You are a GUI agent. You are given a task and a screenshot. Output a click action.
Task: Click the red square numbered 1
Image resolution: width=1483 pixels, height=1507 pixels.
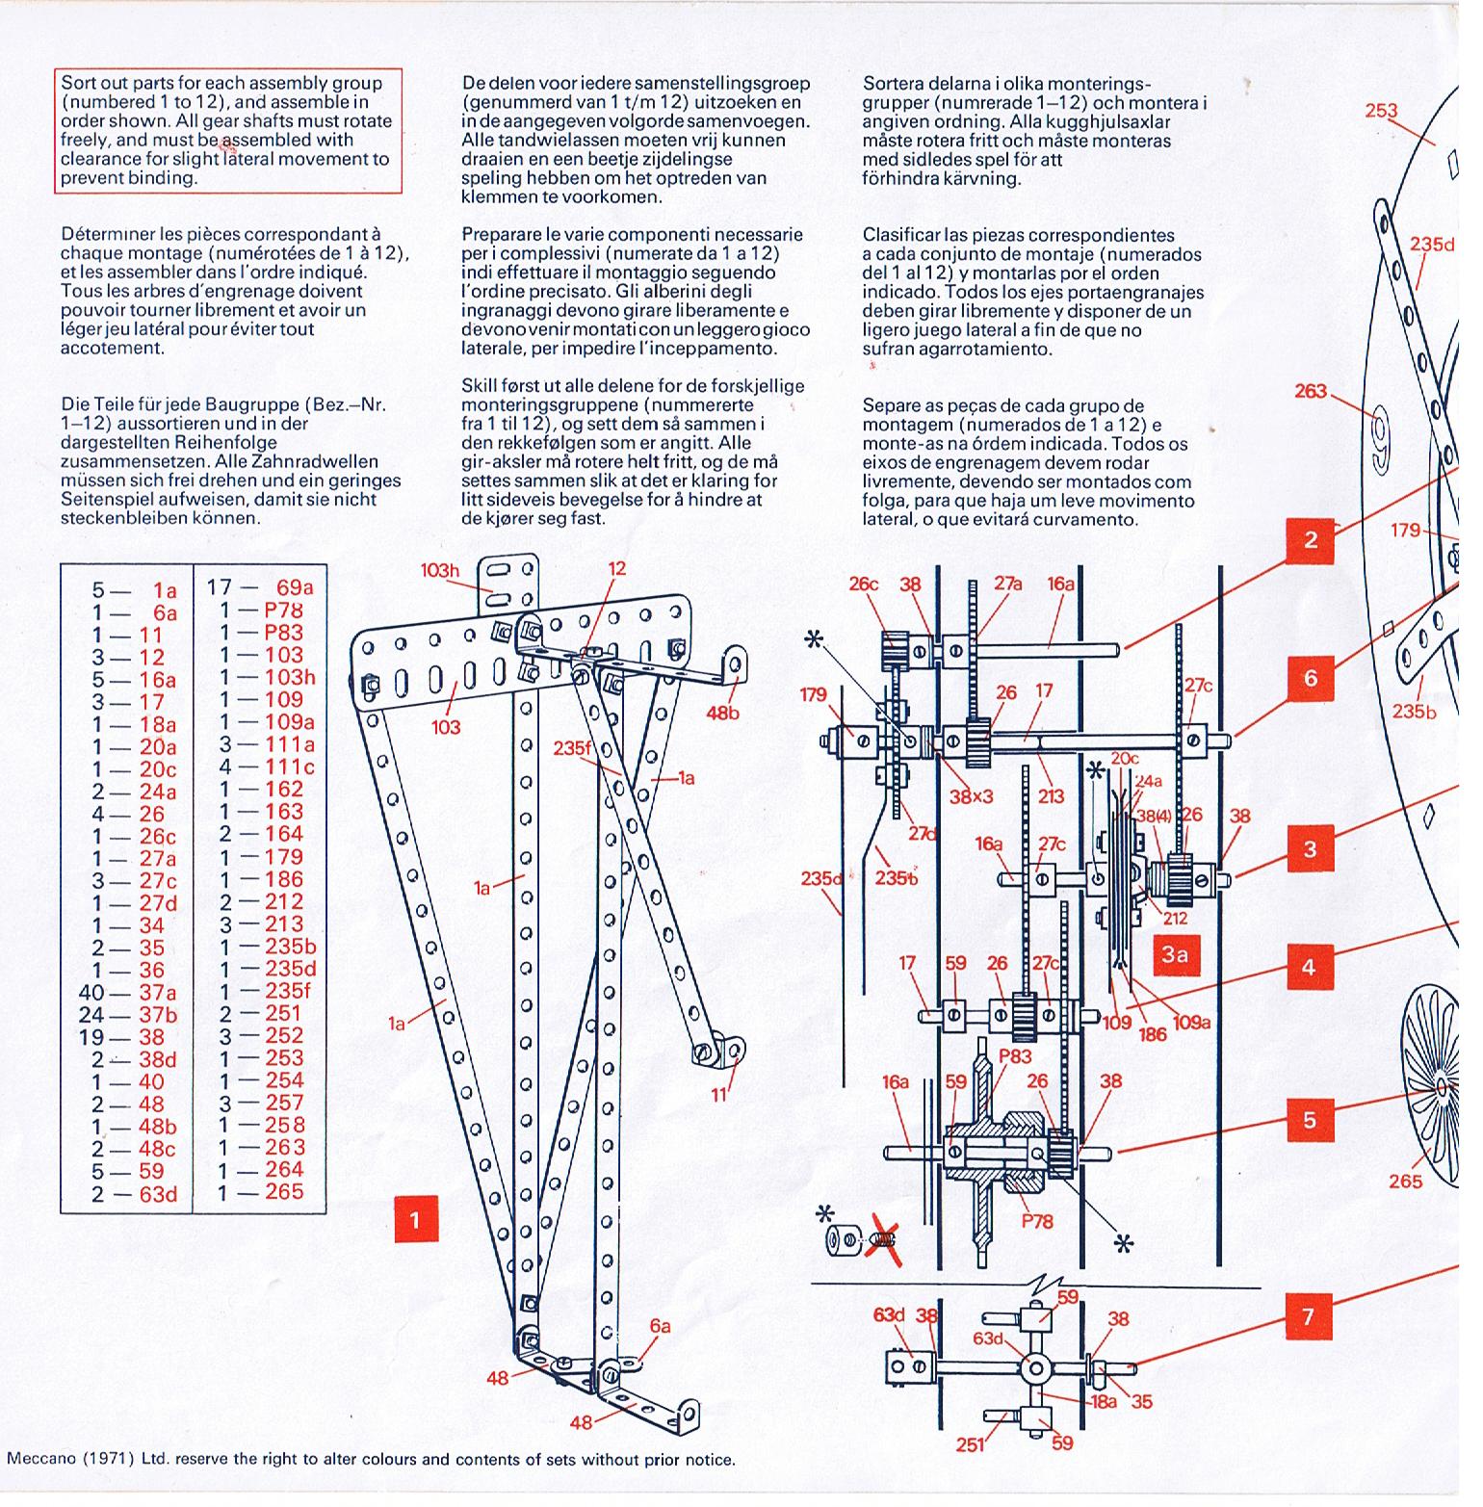(x=416, y=1220)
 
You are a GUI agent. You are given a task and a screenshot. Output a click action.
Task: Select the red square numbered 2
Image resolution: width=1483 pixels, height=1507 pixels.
(x=1310, y=540)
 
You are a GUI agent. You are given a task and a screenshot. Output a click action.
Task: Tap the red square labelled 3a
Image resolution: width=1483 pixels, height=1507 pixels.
(x=1174, y=955)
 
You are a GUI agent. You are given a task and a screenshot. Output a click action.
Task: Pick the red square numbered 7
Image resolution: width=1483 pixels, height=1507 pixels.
(x=1309, y=1316)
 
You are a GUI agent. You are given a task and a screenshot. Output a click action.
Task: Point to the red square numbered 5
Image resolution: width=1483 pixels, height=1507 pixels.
(x=1309, y=1120)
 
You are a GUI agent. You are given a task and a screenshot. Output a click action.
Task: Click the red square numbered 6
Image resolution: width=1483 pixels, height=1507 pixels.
(x=1310, y=679)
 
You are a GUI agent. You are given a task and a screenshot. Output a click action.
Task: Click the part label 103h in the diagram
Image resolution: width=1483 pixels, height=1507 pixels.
(x=439, y=571)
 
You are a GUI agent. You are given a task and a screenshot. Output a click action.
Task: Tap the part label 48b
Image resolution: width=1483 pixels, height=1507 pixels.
(x=722, y=714)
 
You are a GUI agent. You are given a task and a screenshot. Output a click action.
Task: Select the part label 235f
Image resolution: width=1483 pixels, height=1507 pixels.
(x=573, y=748)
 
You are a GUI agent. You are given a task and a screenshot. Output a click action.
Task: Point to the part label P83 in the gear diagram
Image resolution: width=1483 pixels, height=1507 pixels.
(x=1015, y=1055)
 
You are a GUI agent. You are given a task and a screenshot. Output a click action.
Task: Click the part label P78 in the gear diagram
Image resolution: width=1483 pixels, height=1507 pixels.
(x=1037, y=1221)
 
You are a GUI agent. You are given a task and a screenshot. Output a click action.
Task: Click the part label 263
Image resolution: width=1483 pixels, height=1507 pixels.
(x=1311, y=391)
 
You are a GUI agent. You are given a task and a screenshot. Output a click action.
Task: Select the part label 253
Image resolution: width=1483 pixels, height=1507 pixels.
(x=1380, y=111)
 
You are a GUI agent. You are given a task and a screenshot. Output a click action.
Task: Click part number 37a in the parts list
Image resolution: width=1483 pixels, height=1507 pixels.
(x=158, y=993)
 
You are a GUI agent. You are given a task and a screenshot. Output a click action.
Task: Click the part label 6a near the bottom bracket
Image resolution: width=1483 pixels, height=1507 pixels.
(x=660, y=1326)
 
